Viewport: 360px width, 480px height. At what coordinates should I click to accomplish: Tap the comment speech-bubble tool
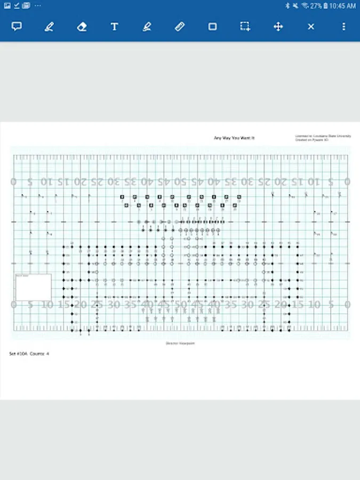(x=17, y=26)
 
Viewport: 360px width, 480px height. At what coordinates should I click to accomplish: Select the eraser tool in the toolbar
(x=82, y=26)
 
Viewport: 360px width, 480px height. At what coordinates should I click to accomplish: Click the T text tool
(x=114, y=26)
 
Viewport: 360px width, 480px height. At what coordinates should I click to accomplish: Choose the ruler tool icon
(x=180, y=26)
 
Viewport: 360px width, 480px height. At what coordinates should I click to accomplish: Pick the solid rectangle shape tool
(x=212, y=26)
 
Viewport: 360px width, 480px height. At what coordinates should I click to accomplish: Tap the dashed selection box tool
(x=245, y=26)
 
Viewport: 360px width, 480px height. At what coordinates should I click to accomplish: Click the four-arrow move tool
(x=278, y=26)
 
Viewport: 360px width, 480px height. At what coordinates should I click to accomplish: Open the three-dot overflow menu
(x=343, y=26)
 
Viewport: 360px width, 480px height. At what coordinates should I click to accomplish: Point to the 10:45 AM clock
(x=343, y=6)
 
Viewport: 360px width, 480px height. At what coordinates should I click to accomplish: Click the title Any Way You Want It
(x=234, y=138)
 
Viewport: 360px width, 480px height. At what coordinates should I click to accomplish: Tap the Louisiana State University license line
(x=323, y=136)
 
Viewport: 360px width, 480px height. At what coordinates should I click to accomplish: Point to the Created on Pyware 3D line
(x=312, y=140)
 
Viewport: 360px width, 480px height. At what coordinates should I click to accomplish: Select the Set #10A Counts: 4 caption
(x=29, y=354)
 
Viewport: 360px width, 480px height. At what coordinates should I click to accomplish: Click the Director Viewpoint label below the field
(x=181, y=343)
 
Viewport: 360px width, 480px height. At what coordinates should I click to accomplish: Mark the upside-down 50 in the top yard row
(x=181, y=181)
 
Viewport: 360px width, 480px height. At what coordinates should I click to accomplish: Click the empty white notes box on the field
(x=33, y=287)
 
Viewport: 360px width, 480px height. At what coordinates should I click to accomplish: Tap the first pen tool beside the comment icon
(x=49, y=26)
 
